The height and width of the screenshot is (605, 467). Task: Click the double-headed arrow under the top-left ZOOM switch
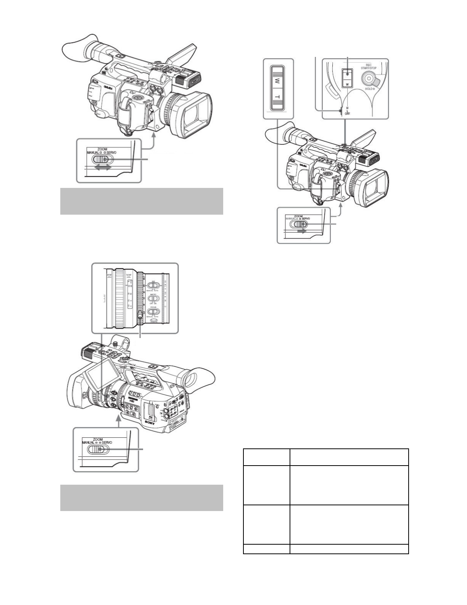104,167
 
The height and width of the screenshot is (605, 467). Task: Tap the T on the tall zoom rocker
278,97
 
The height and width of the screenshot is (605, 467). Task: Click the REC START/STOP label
369,67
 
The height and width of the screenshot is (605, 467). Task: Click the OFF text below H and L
347,114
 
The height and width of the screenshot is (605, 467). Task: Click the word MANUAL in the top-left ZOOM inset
93,152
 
